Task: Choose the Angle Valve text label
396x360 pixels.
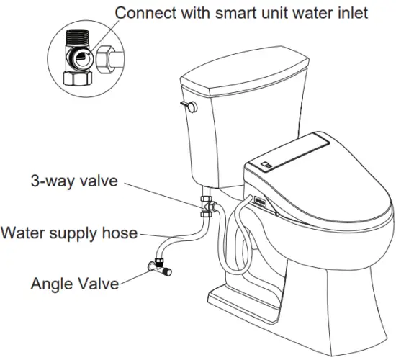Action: point(74,283)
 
